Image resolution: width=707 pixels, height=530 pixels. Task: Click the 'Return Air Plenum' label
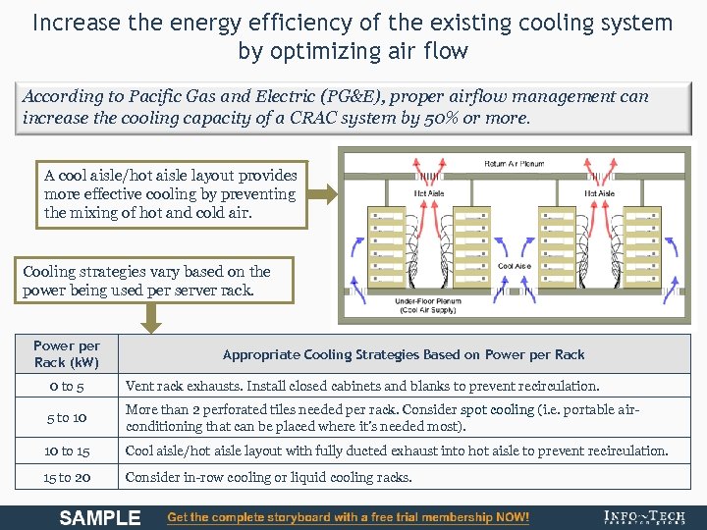point(514,163)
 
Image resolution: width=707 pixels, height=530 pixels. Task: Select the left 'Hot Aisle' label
point(429,194)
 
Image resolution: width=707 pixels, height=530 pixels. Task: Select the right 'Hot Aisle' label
point(599,194)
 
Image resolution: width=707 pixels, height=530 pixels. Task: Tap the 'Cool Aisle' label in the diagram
point(515,266)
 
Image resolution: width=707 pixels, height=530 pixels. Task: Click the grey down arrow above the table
point(150,317)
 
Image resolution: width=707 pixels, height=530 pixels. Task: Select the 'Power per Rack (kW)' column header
point(67,354)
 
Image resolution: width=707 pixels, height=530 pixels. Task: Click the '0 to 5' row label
point(67,387)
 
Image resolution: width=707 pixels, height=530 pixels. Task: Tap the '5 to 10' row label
point(67,417)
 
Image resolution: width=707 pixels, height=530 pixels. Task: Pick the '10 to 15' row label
point(67,450)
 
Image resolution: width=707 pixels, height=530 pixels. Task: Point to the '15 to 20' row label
point(67,478)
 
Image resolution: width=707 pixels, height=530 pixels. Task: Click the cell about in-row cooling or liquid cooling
point(267,478)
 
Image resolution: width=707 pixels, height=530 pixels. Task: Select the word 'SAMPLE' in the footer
point(100,517)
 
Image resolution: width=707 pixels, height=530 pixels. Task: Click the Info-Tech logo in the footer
point(644,517)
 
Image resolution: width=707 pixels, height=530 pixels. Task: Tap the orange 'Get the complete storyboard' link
point(349,517)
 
